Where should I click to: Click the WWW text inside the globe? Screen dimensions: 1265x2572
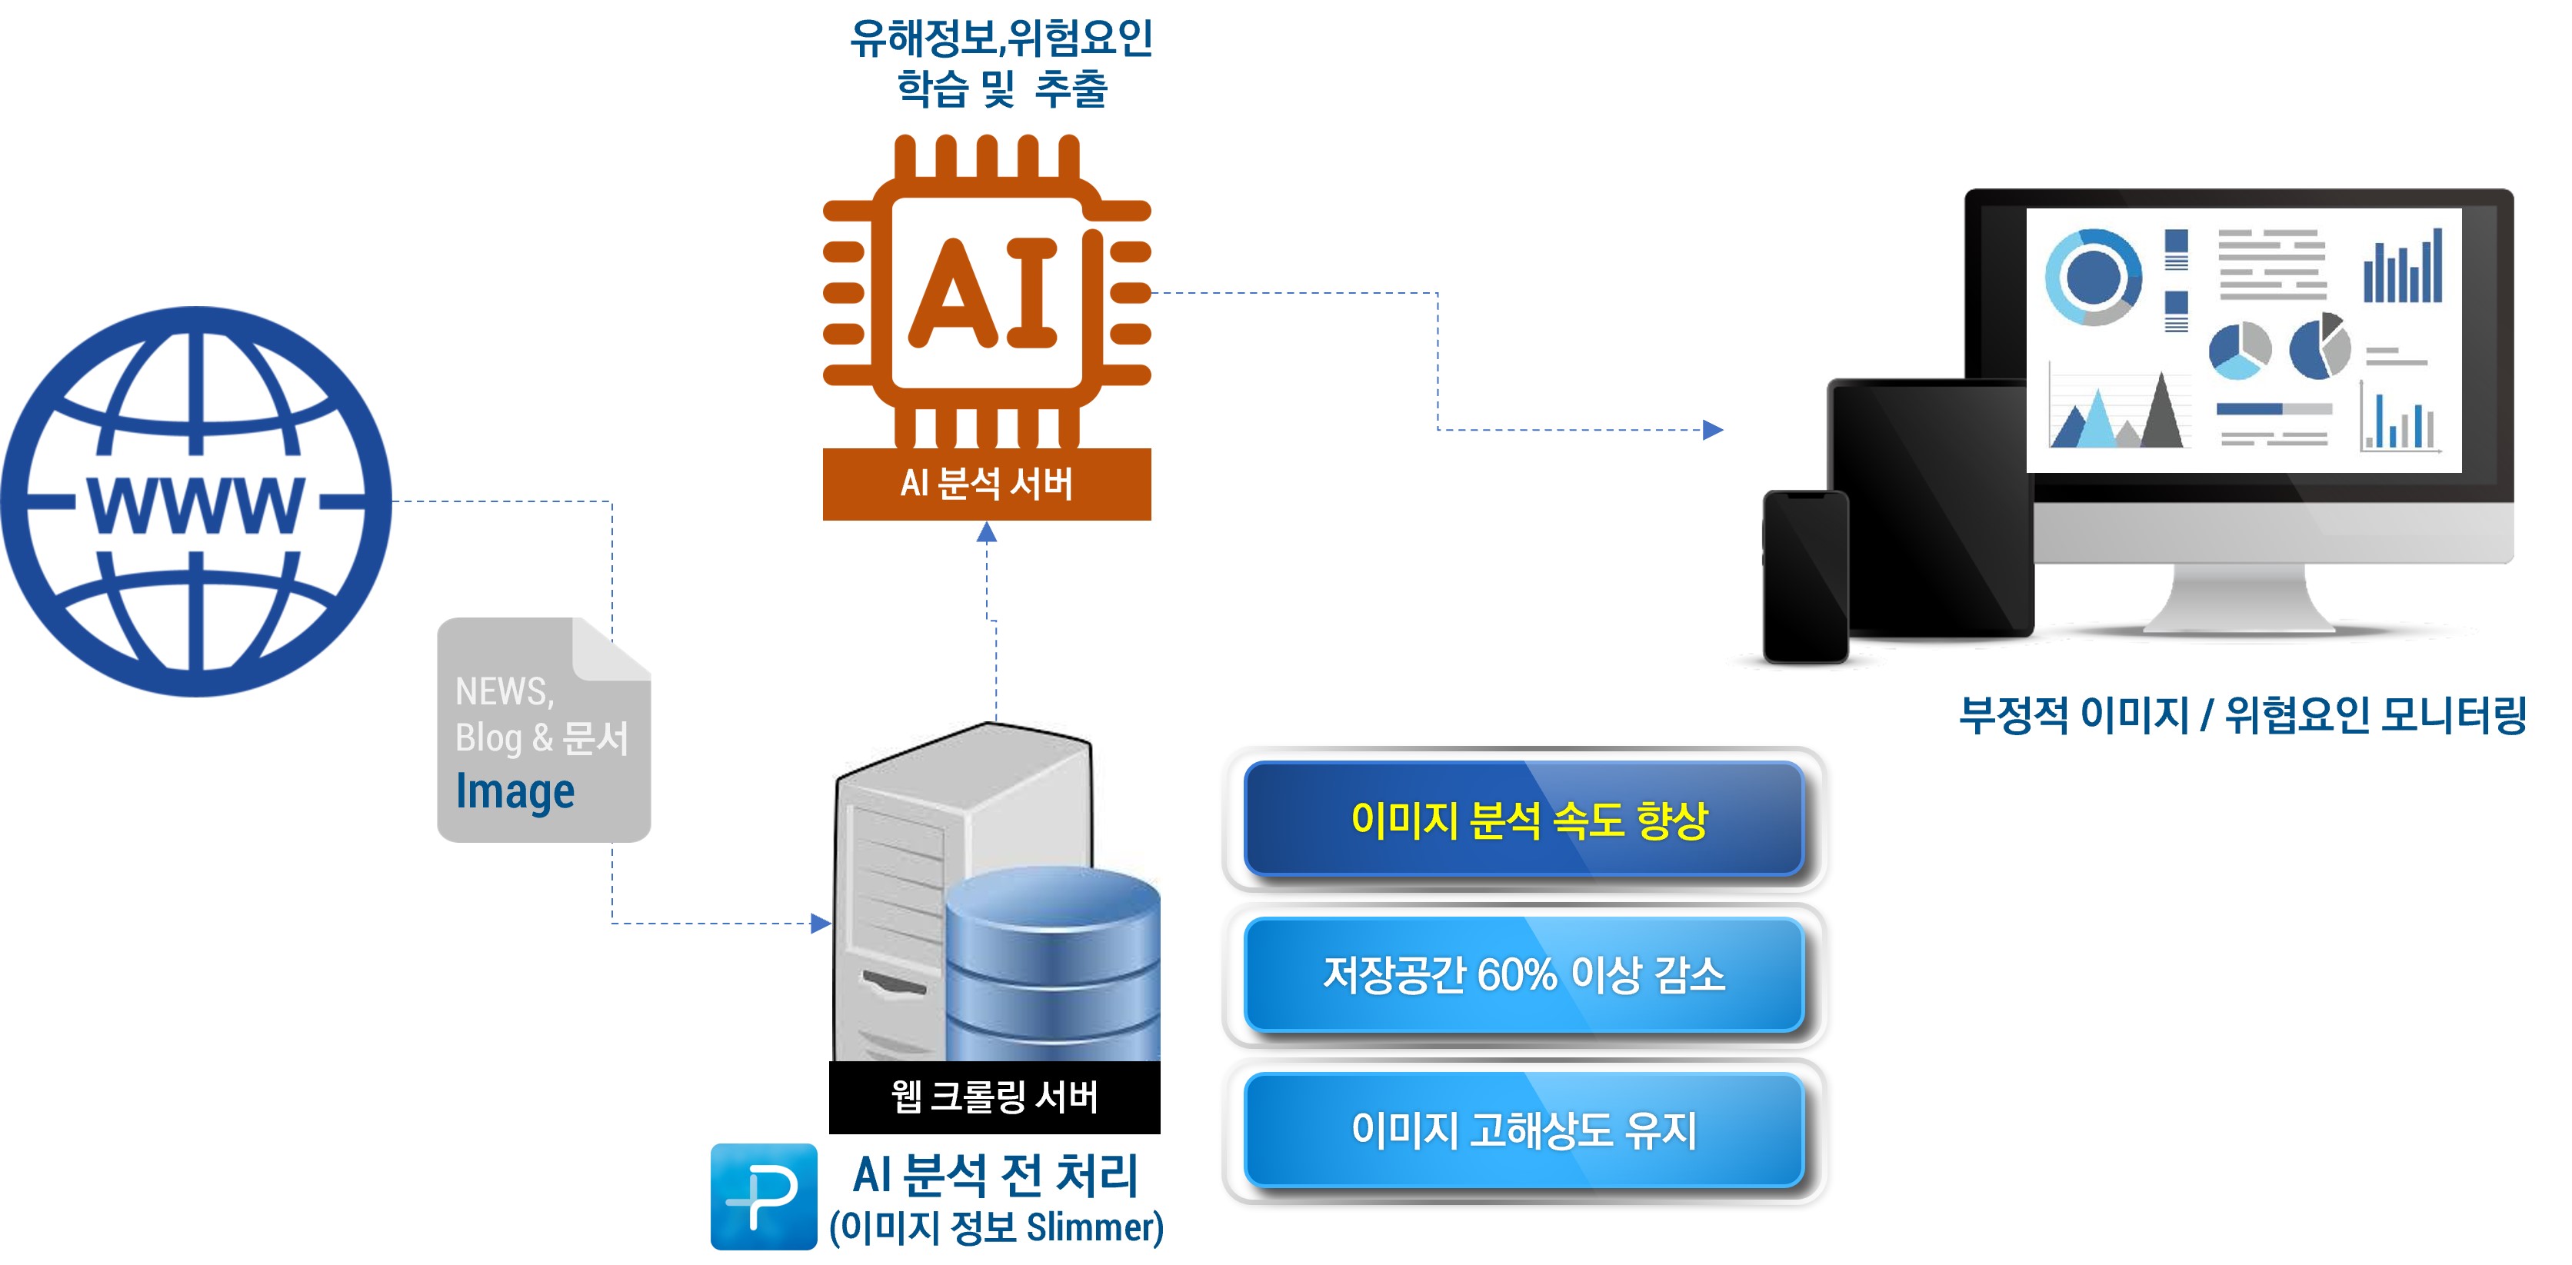click(x=195, y=505)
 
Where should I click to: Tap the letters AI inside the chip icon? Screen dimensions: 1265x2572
click(x=984, y=294)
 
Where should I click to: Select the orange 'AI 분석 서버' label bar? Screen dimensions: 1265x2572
click(x=987, y=484)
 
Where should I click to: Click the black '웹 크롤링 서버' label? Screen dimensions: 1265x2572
click(x=994, y=1097)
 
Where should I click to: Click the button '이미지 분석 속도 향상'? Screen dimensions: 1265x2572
click(x=1524, y=820)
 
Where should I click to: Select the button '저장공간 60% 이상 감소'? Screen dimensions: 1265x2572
click(x=1524, y=975)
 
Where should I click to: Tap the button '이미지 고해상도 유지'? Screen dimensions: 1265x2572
click(x=1524, y=1131)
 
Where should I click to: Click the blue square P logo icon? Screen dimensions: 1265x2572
click(x=764, y=1196)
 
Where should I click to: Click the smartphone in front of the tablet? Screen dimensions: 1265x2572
click(x=1805, y=576)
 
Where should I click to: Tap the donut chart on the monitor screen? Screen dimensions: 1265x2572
click(x=2093, y=277)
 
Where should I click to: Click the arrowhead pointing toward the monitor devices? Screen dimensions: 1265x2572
click(x=1714, y=431)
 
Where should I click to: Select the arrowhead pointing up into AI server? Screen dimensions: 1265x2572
click(x=987, y=533)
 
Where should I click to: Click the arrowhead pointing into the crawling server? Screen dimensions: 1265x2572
click(x=821, y=924)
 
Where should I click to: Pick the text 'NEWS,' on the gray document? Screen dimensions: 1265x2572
click(x=505, y=691)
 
